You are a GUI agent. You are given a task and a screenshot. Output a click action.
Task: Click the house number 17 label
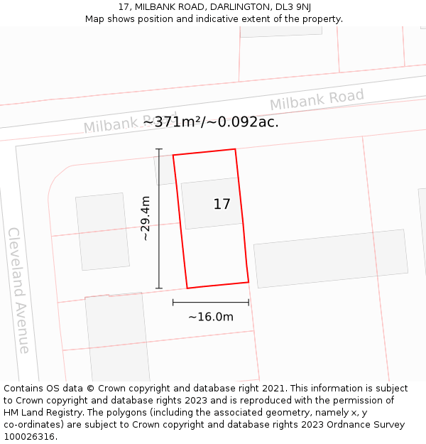pos(222,205)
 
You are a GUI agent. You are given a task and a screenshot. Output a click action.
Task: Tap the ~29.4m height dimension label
pos(146,219)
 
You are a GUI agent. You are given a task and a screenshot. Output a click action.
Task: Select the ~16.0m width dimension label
pos(211,317)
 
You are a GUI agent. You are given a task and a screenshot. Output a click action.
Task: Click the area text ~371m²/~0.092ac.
pos(211,121)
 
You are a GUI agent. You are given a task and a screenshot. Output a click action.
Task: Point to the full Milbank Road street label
pos(317,100)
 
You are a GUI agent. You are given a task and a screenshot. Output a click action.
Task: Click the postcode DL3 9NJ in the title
pos(293,6)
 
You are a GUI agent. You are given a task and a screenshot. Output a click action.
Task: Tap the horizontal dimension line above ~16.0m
pos(211,303)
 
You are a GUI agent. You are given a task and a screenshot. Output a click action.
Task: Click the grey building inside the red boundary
pos(212,203)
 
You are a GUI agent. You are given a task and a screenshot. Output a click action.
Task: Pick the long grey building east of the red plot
pos(331,258)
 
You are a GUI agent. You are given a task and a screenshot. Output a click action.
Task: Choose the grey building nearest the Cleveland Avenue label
pos(102,232)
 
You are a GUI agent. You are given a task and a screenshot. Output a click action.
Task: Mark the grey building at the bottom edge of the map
pos(117,337)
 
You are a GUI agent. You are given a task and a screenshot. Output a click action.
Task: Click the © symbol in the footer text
pos(90,389)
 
